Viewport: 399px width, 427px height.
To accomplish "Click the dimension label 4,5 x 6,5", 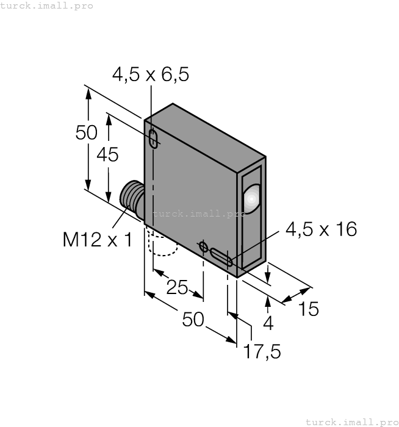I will tap(151, 74).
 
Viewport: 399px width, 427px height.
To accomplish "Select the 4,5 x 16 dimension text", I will tap(321, 229).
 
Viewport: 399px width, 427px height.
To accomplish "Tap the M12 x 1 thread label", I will tap(97, 240).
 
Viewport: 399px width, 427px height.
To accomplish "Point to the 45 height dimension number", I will tap(108, 155).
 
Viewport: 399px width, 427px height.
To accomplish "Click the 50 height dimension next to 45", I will tap(87, 132).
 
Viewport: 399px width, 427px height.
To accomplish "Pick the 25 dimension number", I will tap(177, 287).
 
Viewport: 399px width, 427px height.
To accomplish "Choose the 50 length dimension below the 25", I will tap(193, 319).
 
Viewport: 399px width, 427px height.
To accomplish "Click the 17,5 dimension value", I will tap(262, 352).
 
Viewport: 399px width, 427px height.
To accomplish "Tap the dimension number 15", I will tap(309, 309).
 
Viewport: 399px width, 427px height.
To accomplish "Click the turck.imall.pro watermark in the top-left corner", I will tap(47, 5).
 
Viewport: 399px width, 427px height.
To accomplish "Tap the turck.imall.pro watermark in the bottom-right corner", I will tap(351, 422).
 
